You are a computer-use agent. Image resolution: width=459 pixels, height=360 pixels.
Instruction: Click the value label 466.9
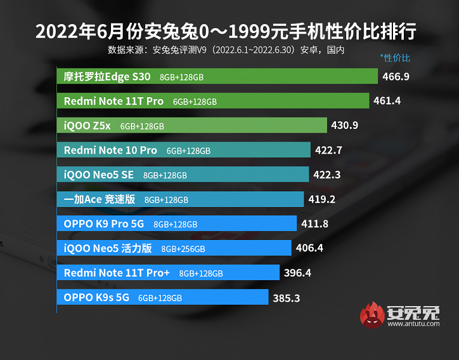point(396,77)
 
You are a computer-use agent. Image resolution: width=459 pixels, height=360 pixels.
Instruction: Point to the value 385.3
point(286,297)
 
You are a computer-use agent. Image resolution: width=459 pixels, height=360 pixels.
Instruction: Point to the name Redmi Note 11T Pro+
point(117,272)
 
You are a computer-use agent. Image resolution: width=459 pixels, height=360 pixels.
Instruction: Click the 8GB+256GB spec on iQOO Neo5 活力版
point(183,249)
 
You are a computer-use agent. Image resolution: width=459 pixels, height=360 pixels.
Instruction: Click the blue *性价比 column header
point(395,58)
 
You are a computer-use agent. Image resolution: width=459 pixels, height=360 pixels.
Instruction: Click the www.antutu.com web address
point(414,325)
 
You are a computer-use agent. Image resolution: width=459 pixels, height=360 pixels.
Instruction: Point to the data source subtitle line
point(226,50)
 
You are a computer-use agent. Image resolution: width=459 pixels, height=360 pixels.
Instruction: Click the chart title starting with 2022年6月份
point(226,31)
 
